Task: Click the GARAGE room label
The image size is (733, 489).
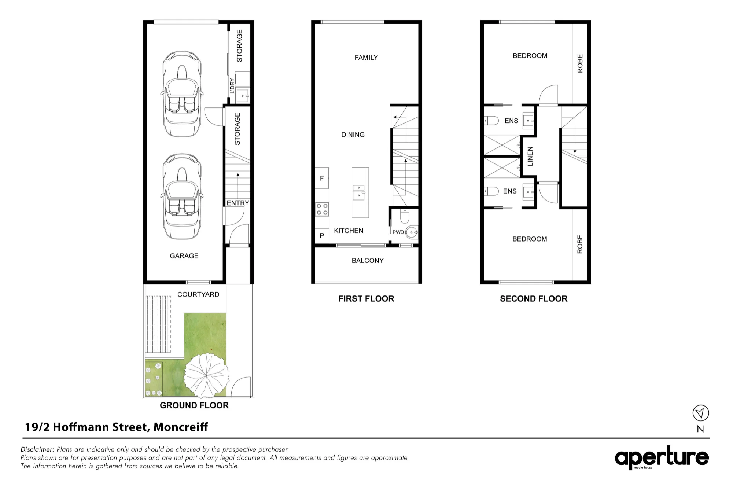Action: tap(184, 256)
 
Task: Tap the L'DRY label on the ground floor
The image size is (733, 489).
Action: tap(232, 86)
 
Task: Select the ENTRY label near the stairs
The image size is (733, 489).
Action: tap(238, 203)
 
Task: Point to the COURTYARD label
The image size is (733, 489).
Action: tap(198, 294)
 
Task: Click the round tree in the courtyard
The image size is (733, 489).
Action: tap(206, 375)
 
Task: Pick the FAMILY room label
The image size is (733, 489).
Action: tap(366, 58)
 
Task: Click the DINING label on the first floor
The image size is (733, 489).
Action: tap(353, 135)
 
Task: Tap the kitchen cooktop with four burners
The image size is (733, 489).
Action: tap(322, 209)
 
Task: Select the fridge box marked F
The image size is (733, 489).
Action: tap(322, 178)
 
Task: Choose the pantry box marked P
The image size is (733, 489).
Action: tap(322, 235)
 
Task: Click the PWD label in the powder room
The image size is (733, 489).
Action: tap(398, 232)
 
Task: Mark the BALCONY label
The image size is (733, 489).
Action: tap(368, 261)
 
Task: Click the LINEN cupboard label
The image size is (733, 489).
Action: tap(530, 156)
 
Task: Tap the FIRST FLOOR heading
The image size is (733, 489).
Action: tap(366, 299)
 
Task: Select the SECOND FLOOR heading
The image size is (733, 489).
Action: tap(534, 299)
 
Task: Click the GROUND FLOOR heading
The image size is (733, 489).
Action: tap(194, 405)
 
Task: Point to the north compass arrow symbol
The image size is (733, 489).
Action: tap(701, 413)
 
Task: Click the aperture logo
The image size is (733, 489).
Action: tap(662, 457)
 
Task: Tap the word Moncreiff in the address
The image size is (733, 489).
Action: tap(181, 427)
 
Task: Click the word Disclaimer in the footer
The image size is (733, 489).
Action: tap(37, 449)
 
